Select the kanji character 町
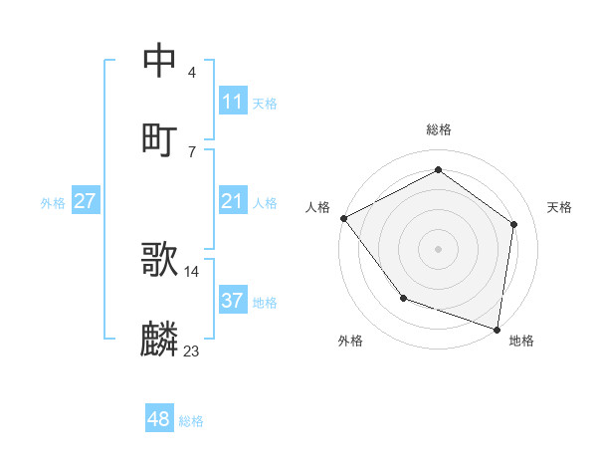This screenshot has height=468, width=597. coord(160,139)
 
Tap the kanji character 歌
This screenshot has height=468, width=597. coord(160,259)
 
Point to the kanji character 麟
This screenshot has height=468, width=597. coord(160,339)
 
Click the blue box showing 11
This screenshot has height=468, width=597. coord(233,102)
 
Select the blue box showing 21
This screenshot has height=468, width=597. coord(233,201)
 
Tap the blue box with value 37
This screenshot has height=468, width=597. coord(233,301)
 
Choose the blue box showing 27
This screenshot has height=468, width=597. coord(85,201)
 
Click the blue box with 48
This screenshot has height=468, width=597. coord(159,419)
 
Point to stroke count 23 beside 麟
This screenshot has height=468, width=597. coord(192,351)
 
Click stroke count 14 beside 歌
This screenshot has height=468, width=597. coord(192,271)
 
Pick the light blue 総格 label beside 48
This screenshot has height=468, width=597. coord(191,421)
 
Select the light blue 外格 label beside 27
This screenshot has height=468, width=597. coord(53,202)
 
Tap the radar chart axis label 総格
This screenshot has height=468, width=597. coord(439,129)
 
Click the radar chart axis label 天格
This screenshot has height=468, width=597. coord(560,207)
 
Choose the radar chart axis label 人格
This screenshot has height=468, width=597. coord(317,207)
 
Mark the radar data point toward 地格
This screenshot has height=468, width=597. coord(497,329)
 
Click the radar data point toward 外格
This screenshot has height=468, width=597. coord(403,298)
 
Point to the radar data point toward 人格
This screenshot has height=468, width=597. coord(343,218)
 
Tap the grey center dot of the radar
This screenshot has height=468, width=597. coord(439,248)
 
